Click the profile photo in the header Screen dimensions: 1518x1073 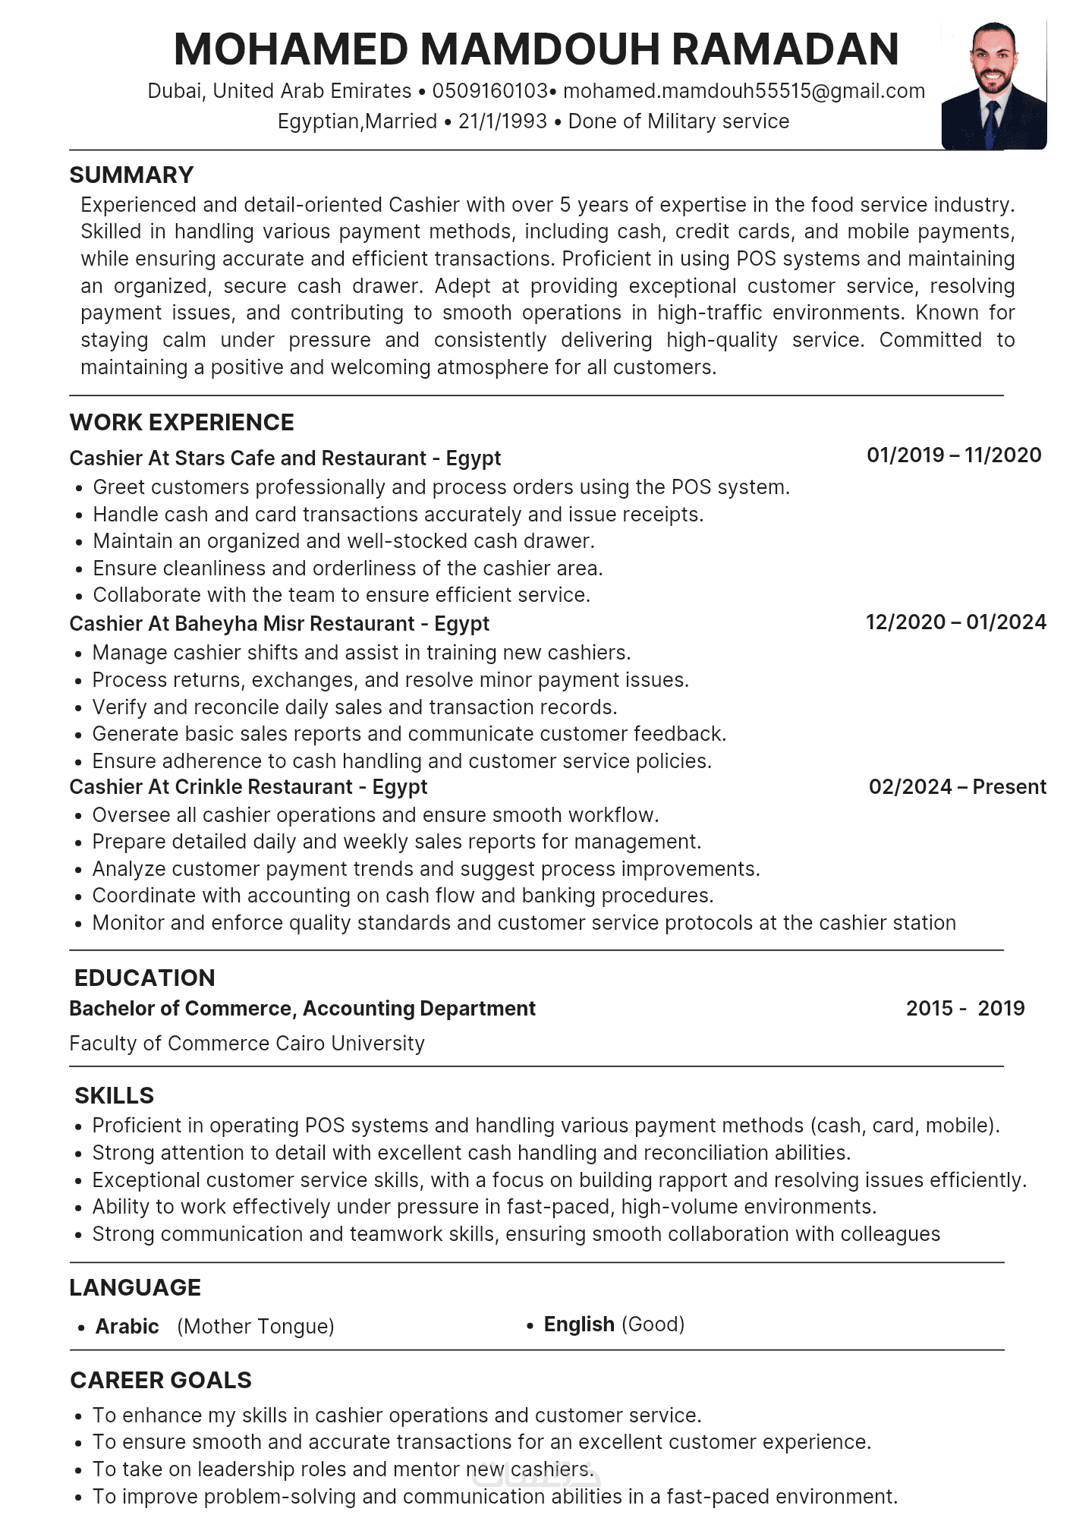click(x=993, y=85)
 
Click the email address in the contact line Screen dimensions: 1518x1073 click(x=744, y=91)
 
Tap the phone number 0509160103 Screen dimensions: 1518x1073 click(x=489, y=91)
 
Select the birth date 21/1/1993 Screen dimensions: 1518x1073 click(x=502, y=121)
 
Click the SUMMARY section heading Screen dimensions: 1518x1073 click(x=131, y=175)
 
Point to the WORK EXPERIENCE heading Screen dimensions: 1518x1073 click(x=181, y=423)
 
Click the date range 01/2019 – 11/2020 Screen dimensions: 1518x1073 click(x=954, y=455)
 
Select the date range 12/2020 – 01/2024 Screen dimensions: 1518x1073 click(x=955, y=622)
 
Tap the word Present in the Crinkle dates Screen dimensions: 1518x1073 click(x=1009, y=787)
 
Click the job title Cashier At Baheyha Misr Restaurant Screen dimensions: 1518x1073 click(x=279, y=624)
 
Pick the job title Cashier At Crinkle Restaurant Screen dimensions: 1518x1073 click(x=248, y=787)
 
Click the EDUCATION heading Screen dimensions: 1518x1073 click(x=145, y=978)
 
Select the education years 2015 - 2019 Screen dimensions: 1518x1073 click(x=964, y=1009)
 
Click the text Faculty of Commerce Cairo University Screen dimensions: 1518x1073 click(x=247, y=1044)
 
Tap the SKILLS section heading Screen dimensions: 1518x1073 click(x=114, y=1096)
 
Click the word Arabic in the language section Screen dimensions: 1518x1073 click(x=127, y=1327)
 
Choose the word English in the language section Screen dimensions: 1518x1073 click(x=579, y=1324)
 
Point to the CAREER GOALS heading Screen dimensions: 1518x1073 click(x=161, y=1381)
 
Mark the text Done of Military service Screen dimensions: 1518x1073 click(x=678, y=121)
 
